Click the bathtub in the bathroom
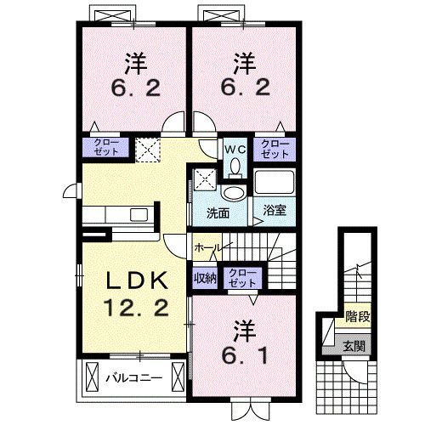pos(274,182)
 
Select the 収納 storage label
pos(203,277)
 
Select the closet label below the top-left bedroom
pos(105,147)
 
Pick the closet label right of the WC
pos(274,148)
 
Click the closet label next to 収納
pos(242,277)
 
